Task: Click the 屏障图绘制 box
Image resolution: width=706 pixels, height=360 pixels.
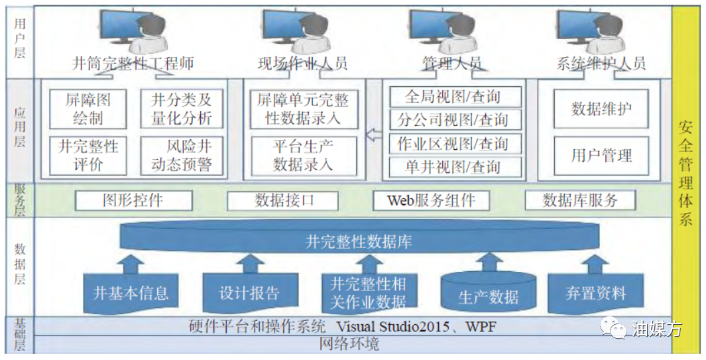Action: click(x=88, y=109)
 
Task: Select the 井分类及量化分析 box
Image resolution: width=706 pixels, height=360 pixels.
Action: click(x=182, y=109)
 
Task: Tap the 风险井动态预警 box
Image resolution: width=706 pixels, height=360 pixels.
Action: click(x=182, y=156)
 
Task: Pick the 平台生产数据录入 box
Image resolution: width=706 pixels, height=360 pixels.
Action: click(x=304, y=156)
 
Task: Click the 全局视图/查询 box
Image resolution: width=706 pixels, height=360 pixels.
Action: click(x=455, y=97)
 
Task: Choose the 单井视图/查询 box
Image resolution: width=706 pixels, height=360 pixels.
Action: click(x=455, y=167)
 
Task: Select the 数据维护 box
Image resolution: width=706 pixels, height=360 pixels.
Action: click(x=601, y=109)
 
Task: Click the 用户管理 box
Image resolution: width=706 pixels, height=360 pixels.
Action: click(x=601, y=156)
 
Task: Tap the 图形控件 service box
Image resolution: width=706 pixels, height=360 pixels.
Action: click(x=134, y=200)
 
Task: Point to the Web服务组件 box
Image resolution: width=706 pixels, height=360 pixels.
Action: click(x=431, y=200)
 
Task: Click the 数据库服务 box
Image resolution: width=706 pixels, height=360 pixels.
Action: click(x=581, y=200)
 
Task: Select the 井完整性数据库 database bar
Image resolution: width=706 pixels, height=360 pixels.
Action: click(x=359, y=239)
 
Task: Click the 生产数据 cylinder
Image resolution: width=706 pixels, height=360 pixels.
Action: click(x=489, y=293)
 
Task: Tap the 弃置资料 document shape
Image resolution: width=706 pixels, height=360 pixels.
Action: click(x=596, y=293)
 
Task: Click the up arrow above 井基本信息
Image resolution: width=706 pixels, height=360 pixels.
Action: click(x=131, y=264)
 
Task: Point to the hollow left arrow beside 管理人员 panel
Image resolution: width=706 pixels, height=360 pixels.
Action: click(x=374, y=135)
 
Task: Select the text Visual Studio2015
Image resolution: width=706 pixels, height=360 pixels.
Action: click(x=392, y=326)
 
